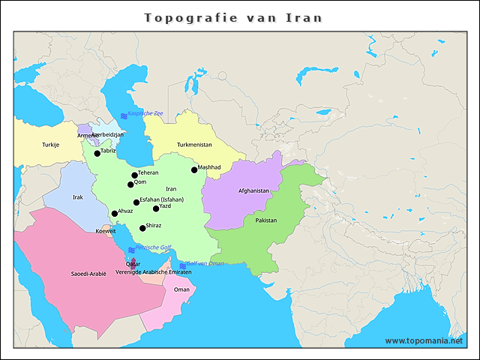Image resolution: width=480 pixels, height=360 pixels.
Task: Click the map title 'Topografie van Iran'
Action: point(232,17)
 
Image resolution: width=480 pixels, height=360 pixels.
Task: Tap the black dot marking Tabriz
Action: point(97,154)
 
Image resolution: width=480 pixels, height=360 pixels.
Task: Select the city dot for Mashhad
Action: point(194,170)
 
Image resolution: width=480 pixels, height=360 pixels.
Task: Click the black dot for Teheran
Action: point(134,175)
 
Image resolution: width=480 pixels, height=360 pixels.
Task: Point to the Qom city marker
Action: point(130,184)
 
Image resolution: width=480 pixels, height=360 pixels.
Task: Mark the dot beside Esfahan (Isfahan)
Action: point(136,202)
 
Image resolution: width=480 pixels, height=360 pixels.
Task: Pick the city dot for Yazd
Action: point(156,208)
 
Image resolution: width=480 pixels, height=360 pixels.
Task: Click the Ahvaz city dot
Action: point(114,214)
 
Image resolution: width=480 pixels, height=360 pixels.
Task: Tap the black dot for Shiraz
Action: point(142,228)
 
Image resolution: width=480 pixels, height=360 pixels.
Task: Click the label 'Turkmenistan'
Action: point(194,145)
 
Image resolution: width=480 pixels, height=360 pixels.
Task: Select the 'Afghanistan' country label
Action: point(253,191)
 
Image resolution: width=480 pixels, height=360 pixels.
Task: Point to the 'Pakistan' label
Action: point(265,221)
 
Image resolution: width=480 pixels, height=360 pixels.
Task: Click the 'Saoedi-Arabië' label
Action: point(88,274)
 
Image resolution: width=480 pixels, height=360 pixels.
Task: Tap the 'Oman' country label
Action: point(181,289)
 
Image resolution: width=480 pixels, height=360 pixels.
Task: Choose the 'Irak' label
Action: point(78,197)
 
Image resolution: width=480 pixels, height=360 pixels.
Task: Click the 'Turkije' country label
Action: point(50,145)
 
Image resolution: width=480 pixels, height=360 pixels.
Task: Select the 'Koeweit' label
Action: point(106,232)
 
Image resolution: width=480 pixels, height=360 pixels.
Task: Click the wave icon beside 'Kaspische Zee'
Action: point(123,114)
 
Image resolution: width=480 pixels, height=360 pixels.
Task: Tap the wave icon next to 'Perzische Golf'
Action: point(130,249)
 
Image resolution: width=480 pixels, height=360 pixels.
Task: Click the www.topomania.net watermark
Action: point(424,340)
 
